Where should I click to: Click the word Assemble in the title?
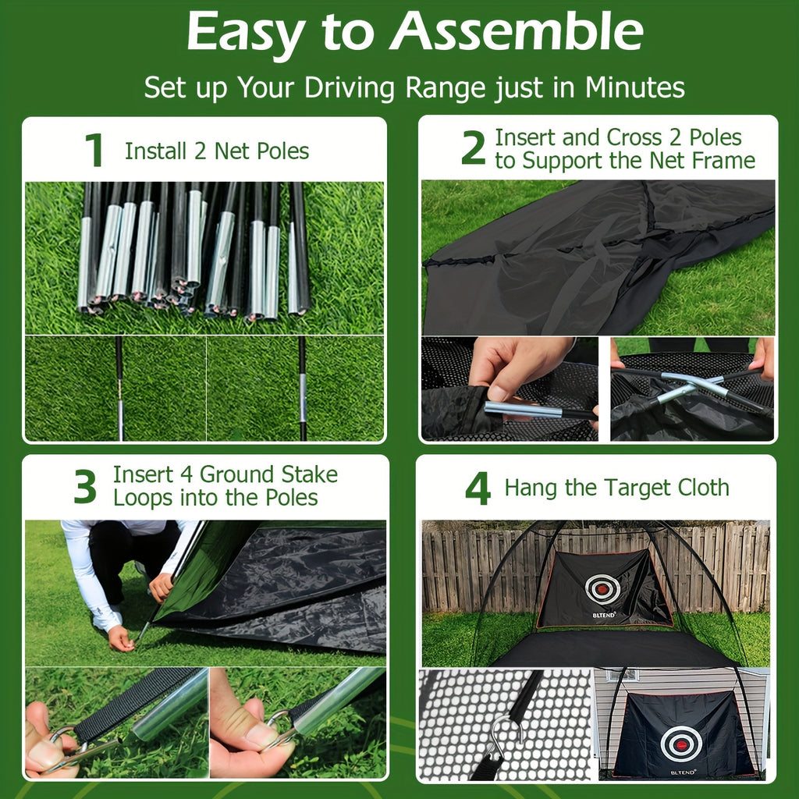coord(517,33)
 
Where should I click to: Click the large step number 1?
coord(94,151)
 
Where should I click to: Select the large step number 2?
coord(473,149)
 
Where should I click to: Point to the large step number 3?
coord(85,487)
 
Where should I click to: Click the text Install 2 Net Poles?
coord(217,151)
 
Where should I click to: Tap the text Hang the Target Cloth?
coord(616,488)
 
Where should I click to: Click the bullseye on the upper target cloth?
coord(603,588)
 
